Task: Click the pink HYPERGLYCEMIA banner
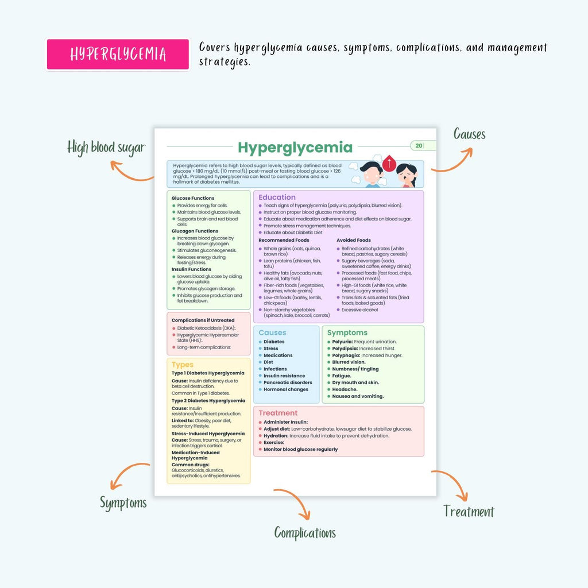(x=118, y=55)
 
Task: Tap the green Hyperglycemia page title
(x=295, y=148)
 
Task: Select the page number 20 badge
(x=419, y=145)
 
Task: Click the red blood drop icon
(x=389, y=163)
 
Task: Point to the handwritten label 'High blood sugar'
(x=106, y=148)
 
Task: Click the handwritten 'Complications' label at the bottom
(x=305, y=532)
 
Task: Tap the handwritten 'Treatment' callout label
(x=469, y=511)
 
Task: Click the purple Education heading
(x=277, y=198)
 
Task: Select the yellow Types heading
(x=183, y=365)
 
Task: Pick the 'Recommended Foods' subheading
(x=284, y=240)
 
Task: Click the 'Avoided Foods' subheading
(x=354, y=240)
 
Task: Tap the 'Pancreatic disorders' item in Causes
(x=288, y=382)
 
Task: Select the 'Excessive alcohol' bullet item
(x=359, y=310)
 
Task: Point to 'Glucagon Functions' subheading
(x=195, y=231)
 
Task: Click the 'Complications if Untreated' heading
(x=203, y=320)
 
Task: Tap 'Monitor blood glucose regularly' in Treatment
(x=300, y=449)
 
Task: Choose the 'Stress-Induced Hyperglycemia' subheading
(x=208, y=434)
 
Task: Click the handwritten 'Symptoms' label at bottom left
(x=123, y=503)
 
